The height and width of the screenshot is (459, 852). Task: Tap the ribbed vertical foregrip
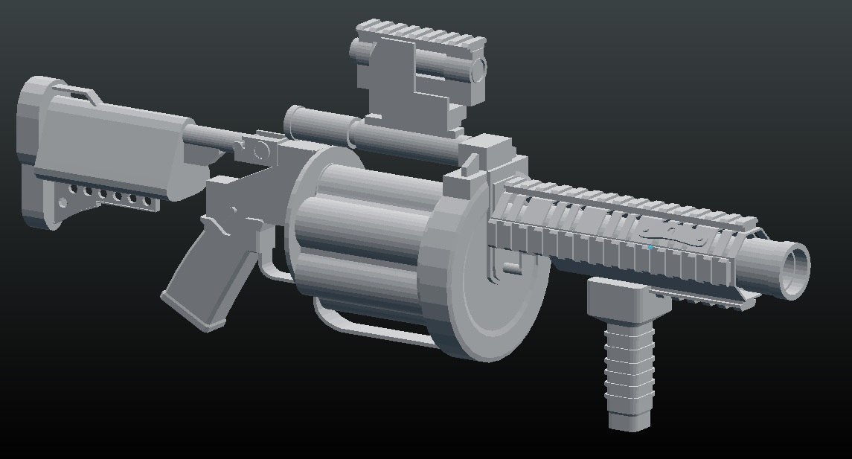pyautogui.click(x=630, y=365)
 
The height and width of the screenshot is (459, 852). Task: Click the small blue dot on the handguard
pyautogui.click(x=650, y=247)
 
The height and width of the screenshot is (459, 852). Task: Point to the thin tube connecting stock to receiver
pyautogui.click(x=212, y=139)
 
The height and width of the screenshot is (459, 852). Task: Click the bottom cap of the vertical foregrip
pyautogui.click(x=630, y=423)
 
